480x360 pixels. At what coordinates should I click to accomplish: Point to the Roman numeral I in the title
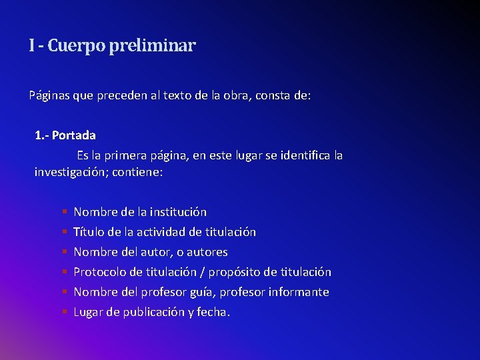[x=31, y=46]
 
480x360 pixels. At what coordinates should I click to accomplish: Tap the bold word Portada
[x=74, y=135]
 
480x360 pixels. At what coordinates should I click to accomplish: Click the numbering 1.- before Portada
[x=42, y=135]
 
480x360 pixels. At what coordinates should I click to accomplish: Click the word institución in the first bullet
[x=178, y=212]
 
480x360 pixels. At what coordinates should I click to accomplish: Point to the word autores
[x=207, y=252]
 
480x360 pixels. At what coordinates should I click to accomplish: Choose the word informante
[x=299, y=292]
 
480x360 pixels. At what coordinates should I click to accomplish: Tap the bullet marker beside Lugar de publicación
[x=65, y=312]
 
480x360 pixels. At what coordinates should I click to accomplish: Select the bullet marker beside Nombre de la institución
[x=65, y=212]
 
